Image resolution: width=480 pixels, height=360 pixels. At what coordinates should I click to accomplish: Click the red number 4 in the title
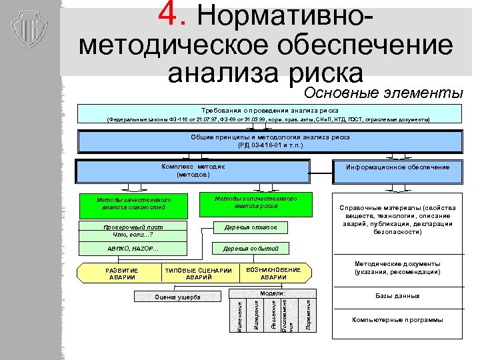(174, 15)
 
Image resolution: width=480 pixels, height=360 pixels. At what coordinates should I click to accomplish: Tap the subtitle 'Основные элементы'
(383, 92)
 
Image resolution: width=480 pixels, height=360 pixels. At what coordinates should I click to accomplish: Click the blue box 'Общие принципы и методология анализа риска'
(270, 141)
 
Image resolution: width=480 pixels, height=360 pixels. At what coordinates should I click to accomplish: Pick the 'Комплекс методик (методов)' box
(193, 171)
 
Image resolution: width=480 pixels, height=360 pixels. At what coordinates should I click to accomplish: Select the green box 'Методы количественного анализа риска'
(255, 203)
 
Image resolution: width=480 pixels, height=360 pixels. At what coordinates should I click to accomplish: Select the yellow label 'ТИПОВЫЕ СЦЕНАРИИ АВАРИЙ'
(199, 273)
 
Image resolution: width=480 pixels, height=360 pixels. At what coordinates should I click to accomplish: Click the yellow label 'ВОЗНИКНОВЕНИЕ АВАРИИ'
(273, 273)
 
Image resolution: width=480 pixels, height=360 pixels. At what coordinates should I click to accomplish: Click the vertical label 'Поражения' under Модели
(308, 314)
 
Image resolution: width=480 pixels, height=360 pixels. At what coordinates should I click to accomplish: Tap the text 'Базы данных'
(397, 296)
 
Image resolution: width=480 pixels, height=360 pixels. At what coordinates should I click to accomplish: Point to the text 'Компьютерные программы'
(397, 320)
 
